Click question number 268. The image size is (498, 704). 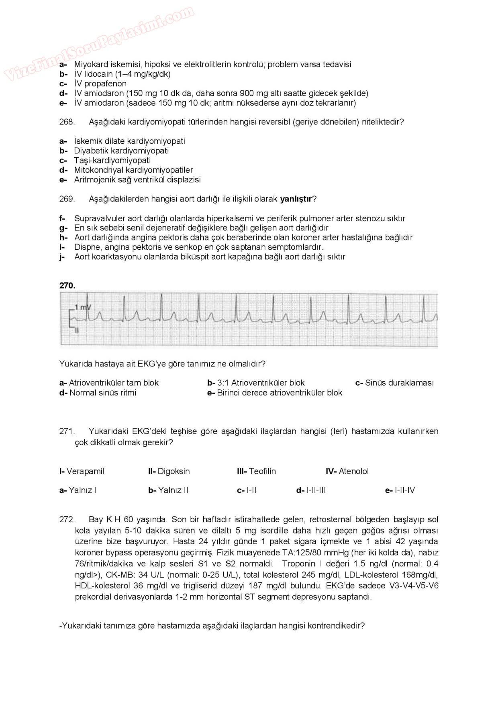pyautogui.click(x=67, y=122)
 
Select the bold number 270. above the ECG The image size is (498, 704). pyautogui.click(x=67, y=286)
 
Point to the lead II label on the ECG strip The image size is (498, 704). pyautogui.click(x=76, y=330)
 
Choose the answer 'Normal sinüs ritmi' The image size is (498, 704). pyautogui.click(x=103, y=393)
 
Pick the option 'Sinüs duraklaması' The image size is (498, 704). pyautogui.click(x=399, y=383)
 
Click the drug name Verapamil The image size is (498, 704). pyautogui.click(x=85, y=471)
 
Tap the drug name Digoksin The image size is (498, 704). pyautogui.click(x=173, y=471)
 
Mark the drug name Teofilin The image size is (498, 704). pyautogui.click(x=262, y=471)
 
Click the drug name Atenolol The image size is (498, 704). pyautogui.click(x=353, y=471)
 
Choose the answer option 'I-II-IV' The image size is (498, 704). pyautogui.click(x=405, y=490)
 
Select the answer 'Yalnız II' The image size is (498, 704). pyautogui.click(x=173, y=490)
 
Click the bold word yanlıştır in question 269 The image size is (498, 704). pyautogui.click(x=296, y=199)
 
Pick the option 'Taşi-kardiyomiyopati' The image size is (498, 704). pyautogui.click(x=112, y=161)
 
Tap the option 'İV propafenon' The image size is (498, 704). pyautogui.click(x=100, y=84)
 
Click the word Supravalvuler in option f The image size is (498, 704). pyautogui.click(x=100, y=219)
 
